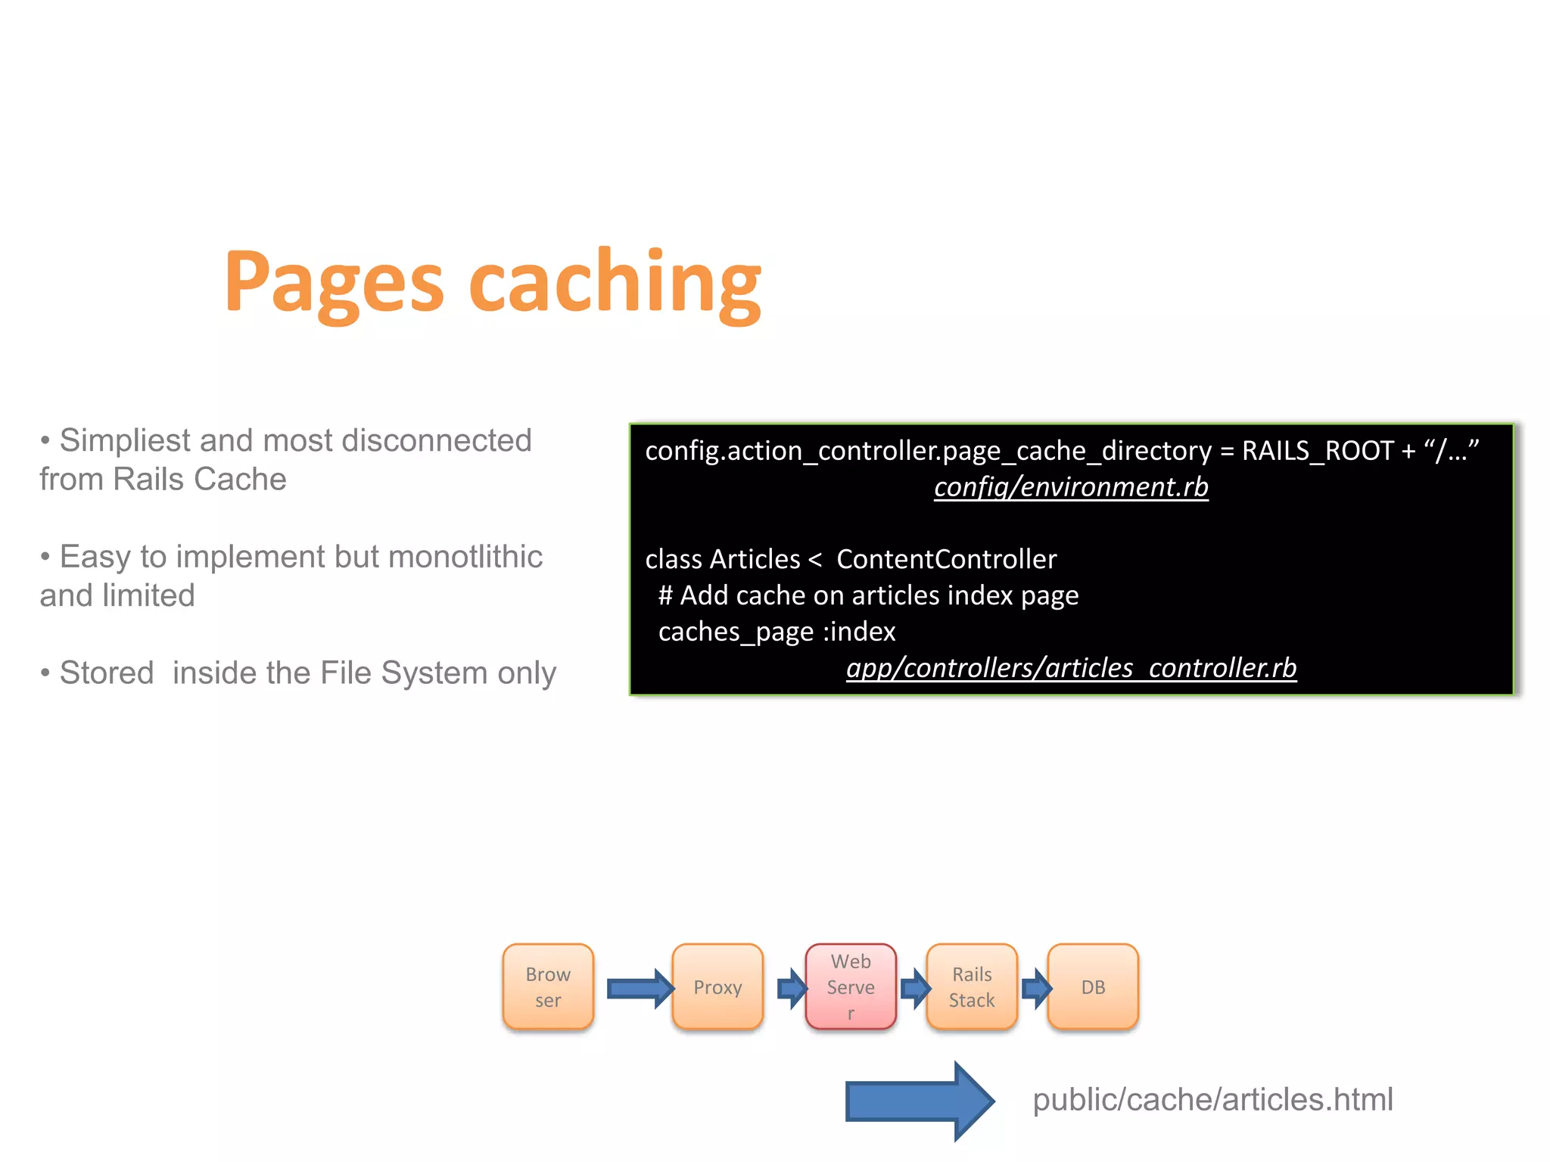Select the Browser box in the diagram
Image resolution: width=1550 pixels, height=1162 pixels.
click(548, 986)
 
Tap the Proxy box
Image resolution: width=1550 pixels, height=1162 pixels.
click(717, 986)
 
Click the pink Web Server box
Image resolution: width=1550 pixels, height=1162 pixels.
click(851, 986)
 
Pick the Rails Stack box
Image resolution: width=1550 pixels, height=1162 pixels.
click(972, 986)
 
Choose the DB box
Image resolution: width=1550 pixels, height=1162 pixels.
click(1093, 986)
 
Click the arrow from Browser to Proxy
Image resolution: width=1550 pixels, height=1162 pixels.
click(640, 988)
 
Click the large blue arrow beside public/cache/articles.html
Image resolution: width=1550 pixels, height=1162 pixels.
click(918, 1101)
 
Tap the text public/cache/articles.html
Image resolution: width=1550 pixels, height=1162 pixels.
click(1212, 1099)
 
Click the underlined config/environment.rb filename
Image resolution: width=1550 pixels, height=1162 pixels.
click(1071, 486)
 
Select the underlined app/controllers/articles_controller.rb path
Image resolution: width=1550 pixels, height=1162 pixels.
click(1071, 667)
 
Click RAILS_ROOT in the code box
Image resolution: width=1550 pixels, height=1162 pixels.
click(1317, 451)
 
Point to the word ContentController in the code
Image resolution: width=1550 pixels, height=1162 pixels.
click(946, 559)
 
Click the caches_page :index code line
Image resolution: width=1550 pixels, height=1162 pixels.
click(777, 632)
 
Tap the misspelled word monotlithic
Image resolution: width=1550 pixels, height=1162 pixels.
click(465, 557)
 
